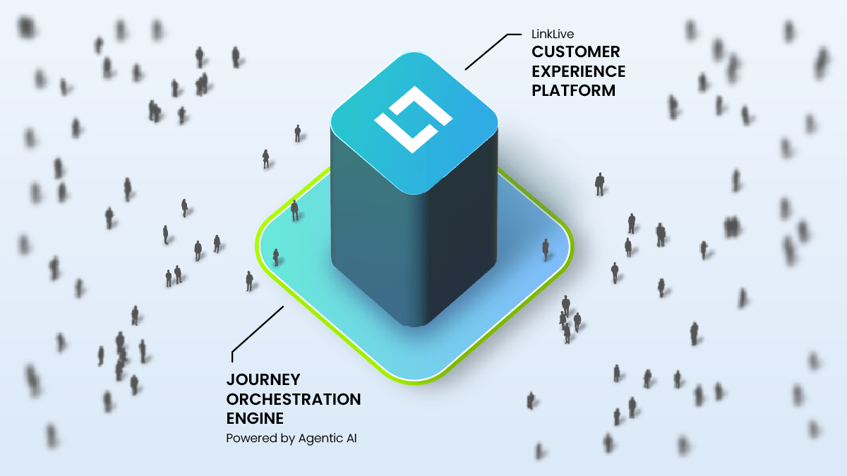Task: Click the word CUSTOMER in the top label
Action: (x=575, y=51)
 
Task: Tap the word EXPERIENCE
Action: (x=578, y=71)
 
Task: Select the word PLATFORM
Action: (x=574, y=91)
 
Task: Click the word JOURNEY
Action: (x=263, y=380)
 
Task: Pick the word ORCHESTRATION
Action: (x=293, y=399)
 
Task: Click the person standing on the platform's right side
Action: (x=546, y=248)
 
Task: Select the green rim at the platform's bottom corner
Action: (x=416, y=382)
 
